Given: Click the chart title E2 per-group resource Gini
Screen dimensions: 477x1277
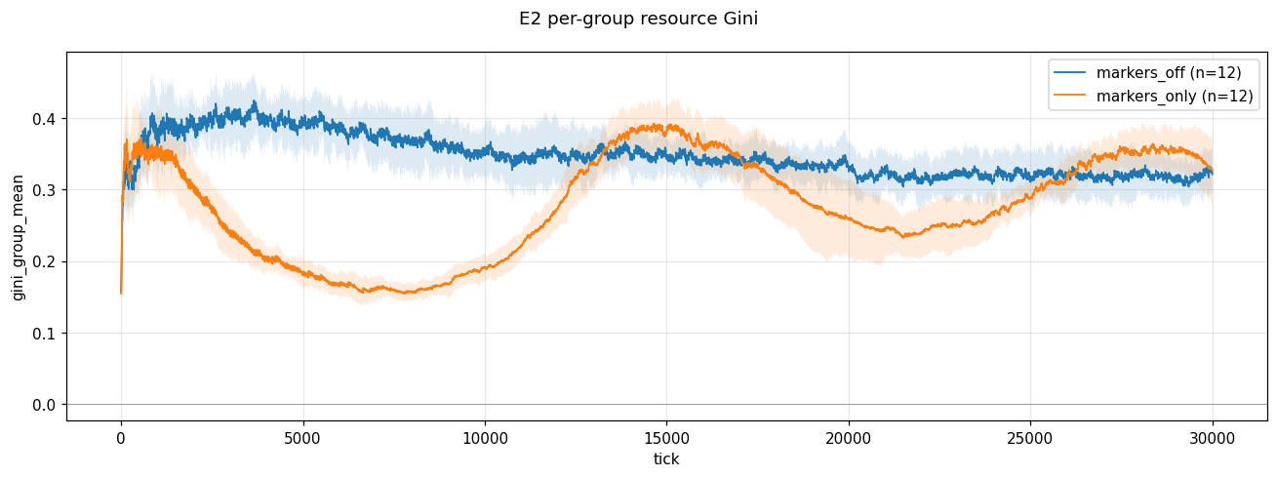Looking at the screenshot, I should tap(638, 19).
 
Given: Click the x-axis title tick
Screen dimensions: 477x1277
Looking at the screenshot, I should tap(666, 459).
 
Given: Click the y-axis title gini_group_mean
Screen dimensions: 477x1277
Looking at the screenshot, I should tap(19, 236).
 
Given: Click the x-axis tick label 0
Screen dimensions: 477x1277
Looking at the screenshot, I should tap(121, 438).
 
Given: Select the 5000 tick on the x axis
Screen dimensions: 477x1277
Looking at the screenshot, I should tap(302, 438).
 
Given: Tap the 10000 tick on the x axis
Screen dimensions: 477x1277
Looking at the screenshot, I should tap(485, 438).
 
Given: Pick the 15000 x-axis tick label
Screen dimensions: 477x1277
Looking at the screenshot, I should tap(666, 438).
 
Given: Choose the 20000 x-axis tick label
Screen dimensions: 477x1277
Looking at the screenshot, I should tap(849, 438).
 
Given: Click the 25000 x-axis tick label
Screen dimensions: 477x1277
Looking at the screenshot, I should tap(1030, 438).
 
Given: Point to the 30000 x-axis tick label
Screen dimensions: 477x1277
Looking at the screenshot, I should tap(1213, 438).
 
